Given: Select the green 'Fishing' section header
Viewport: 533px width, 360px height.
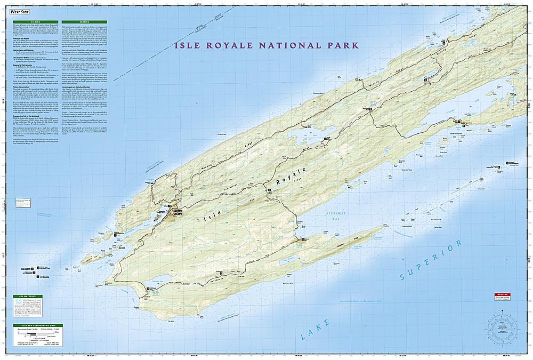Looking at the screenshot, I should (x=45, y=22).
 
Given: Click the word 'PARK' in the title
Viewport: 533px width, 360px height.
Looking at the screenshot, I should (x=332, y=46).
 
